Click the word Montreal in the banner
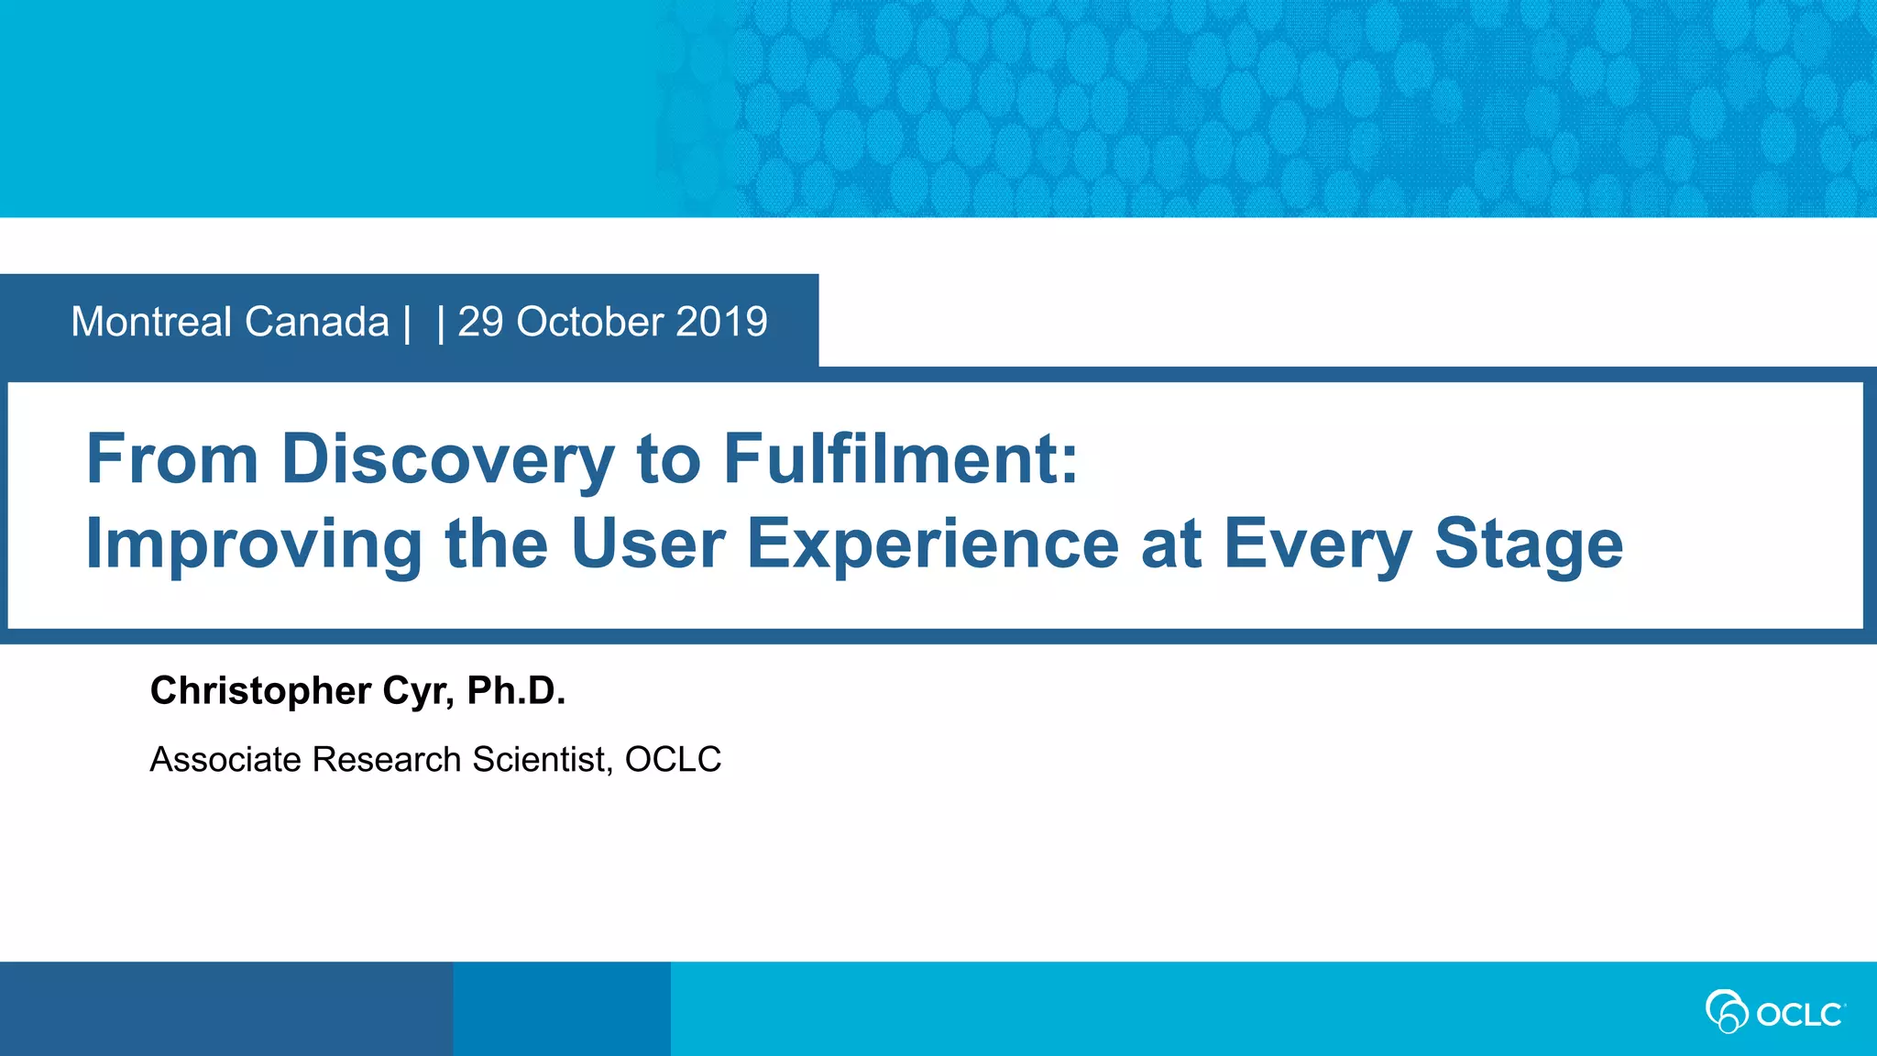pos(151,322)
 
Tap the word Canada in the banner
pos(316,322)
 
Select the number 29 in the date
pos(480,322)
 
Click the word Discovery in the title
pos(447,459)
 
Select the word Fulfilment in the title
pos(900,458)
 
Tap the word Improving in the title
pos(254,544)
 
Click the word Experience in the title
pos(932,544)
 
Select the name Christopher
pos(260,691)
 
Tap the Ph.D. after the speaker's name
pos(516,691)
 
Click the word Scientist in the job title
pos(542,760)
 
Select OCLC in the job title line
pos(673,760)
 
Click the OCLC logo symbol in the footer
pos(1727,1011)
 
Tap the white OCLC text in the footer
pos(1798,1015)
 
